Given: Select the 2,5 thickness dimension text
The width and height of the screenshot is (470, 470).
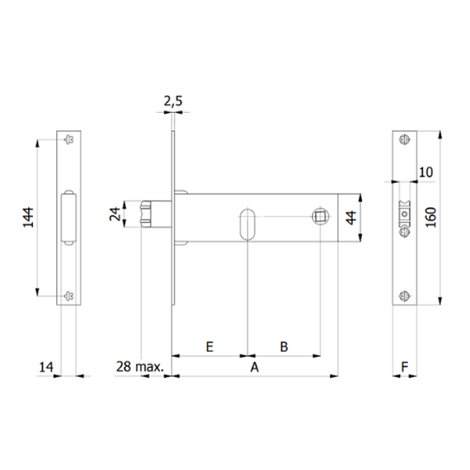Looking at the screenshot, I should (173, 101).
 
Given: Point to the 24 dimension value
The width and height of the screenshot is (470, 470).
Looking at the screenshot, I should (115, 215).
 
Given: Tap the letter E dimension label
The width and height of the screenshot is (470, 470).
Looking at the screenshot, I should (209, 345).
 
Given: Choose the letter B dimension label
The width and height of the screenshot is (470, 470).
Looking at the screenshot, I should (284, 345).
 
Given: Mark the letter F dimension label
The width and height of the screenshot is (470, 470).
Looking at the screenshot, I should (404, 366).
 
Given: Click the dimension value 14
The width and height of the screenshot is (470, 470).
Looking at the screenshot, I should (47, 366).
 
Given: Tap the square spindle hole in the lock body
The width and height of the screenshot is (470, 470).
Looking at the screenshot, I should (320, 215).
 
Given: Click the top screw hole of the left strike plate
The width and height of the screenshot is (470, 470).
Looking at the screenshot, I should (69, 139).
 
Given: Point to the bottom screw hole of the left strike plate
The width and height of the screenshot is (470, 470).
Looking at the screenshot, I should (69, 295).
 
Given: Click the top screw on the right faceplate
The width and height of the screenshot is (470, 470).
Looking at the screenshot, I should (403, 139).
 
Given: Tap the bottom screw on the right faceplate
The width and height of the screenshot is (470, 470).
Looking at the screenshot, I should (403, 295).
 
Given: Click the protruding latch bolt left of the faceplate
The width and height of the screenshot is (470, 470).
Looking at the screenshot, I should (153, 215).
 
